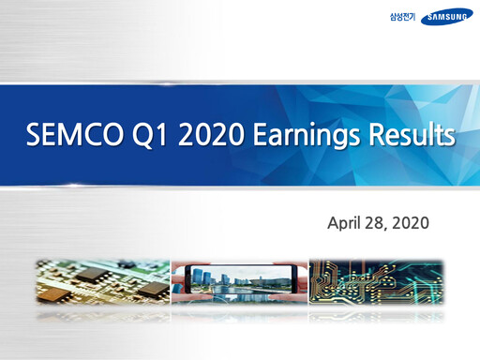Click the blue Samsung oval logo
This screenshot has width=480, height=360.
[446, 18]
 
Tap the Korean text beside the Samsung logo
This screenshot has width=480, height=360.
[401, 18]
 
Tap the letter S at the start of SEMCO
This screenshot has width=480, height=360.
[33, 137]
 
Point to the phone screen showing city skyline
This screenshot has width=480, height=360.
[238, 279]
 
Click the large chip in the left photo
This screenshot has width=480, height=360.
[92, 275]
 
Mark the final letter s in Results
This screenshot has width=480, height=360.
[451, 138]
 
